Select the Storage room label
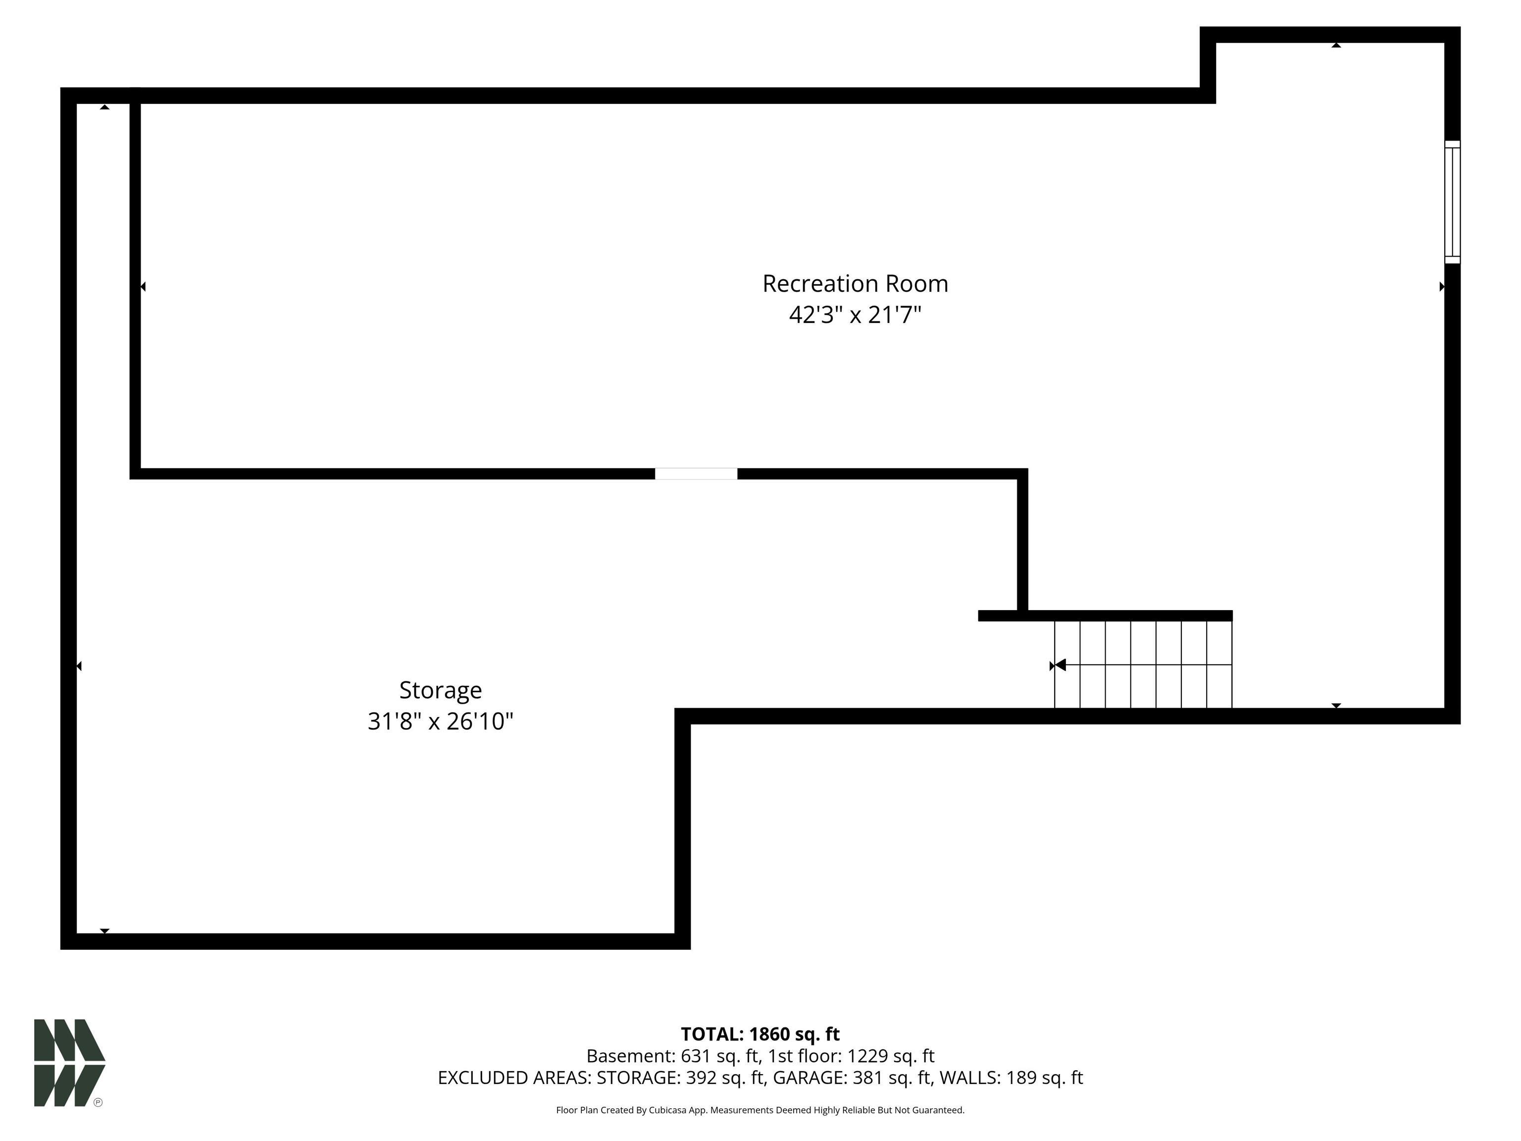click(x=441, y=690)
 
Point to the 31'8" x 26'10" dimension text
click(x=441, y=722)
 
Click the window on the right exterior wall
click(x=1452, y=202)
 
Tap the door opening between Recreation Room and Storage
click(x=696, y=474)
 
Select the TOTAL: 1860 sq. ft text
click(x=760, y=1035)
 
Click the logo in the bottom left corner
click(x=69, y=1063)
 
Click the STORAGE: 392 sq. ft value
click(x=680, y=1078)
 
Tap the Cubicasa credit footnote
click(x=760, y=1110)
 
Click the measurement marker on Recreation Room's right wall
click(x=1442, y=287)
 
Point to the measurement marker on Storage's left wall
click(x=79, y=666)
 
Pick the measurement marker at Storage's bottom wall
click(x=104, y=931)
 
